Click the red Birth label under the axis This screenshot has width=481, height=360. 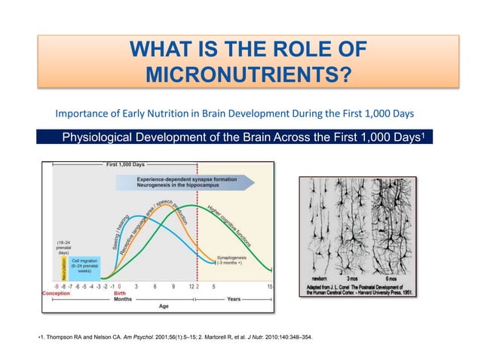(120, 294)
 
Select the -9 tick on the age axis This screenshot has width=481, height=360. (48, 285)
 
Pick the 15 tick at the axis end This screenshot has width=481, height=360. (269, 285)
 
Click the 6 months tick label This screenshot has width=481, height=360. (155, 285)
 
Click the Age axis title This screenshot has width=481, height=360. (163, 307)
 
